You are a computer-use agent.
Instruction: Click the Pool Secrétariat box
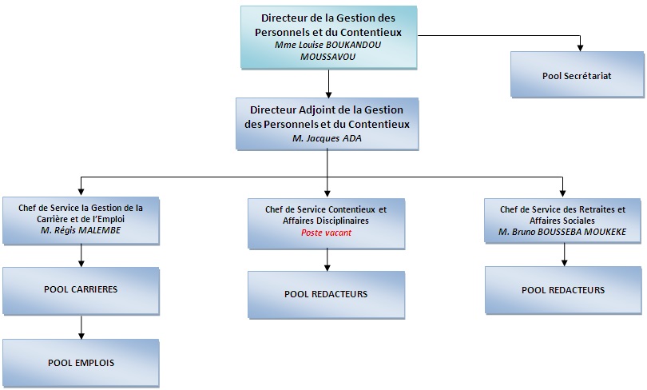[x=577, y=74]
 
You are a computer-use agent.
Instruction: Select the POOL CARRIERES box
[x=81, y=291]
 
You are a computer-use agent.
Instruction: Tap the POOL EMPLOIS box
[x=81, y=363]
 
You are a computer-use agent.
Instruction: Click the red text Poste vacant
[x=326, y=233]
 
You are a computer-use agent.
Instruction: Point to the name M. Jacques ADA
[x=327, y=138]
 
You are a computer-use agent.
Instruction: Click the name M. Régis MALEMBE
[x=81, y=230]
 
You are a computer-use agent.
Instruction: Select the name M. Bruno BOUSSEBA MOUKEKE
[x=562, y=232]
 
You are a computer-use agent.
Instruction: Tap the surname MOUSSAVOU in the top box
[x=327, y=57]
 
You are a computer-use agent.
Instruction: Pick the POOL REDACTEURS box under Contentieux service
[x=327, y=295]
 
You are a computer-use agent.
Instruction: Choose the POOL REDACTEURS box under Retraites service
[x=563, y=290]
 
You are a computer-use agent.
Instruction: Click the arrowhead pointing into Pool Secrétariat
[x=580, y=48]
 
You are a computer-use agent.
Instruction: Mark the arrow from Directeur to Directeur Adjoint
[x=328, y=84]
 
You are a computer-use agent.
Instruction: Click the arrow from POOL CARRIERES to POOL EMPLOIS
[x=81, y=328]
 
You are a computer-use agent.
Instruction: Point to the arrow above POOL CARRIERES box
[x=81, y=256]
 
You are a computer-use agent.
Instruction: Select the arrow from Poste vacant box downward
[x=327, y=260]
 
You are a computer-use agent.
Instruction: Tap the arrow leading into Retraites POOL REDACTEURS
[x=565, y=255]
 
